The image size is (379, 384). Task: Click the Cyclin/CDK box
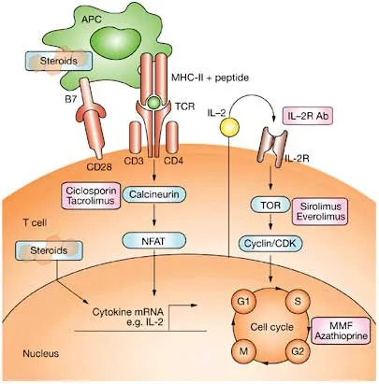(x=269, y=242)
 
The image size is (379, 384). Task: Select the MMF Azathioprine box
(x=341, y=327)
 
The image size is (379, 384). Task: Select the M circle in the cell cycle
(x=243, y=355)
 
